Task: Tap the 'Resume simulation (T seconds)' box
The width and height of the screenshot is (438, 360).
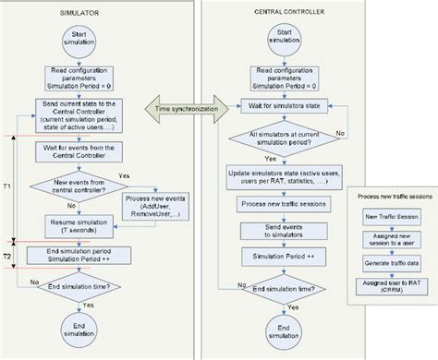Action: point(78,224)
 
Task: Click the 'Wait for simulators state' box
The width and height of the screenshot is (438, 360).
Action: point(274,104)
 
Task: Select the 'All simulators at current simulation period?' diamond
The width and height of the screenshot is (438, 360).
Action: point(272,139)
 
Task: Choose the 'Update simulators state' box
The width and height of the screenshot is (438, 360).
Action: point(274,176)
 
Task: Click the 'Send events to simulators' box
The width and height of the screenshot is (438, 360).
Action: point(274,230)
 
